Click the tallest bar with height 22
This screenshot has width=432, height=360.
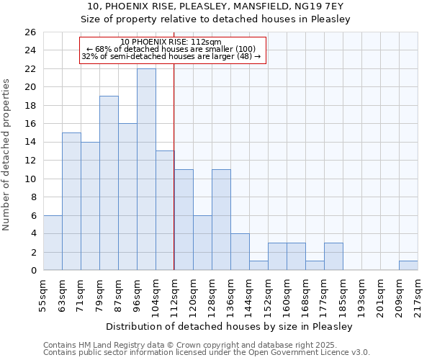(x=146, y=169)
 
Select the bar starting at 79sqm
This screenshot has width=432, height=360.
(x=109, y=183)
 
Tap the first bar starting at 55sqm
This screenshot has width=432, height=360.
(x=53, y=243)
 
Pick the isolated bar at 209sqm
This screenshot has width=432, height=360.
(x=408, y=266)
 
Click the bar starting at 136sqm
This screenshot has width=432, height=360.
(x=240, y=252)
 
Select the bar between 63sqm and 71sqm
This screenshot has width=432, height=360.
(x=71, y=202)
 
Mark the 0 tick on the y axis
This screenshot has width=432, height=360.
(x=32, y=271)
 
